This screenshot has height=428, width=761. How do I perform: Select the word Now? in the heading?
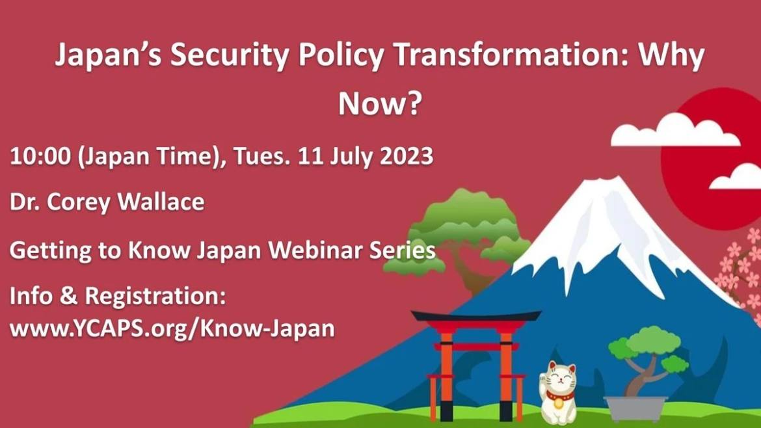[380, 103]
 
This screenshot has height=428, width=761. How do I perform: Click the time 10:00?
[40, 157]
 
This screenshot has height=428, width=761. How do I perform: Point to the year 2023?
[407, 157]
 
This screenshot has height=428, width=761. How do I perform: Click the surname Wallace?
[161, 202]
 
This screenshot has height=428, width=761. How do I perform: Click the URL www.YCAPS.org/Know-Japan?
[172, 328]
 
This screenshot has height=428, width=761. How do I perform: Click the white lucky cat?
[558, 392]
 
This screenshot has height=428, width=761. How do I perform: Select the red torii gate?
[475, 365]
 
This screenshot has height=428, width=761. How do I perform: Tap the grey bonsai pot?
[635, 408]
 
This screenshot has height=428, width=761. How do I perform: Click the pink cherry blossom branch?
[740, 272]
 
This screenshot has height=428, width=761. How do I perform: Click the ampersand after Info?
[68, 296]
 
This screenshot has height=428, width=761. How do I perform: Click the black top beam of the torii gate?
[476, 316]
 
